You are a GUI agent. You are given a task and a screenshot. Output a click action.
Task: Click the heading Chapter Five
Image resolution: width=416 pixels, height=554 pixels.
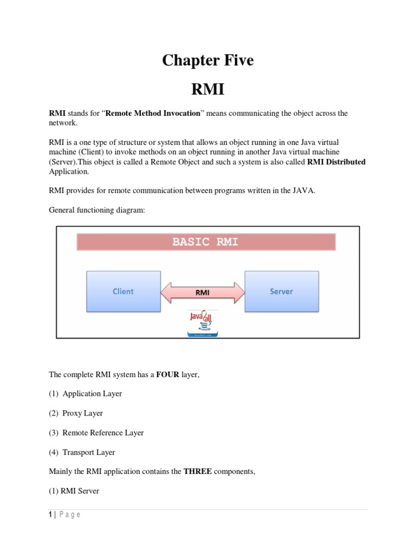pyautogui.click(x=207, y=61)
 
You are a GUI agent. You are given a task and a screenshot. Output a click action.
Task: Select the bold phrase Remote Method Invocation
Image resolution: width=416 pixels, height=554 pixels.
pyautogui.click(x=149, y=114)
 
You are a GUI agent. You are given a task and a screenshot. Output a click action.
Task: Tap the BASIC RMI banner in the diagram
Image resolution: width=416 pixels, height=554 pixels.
pyautogui.click(x=205, y=242)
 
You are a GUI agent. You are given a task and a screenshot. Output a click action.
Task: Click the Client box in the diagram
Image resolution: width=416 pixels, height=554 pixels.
pyautogui.click(x=123, y=291)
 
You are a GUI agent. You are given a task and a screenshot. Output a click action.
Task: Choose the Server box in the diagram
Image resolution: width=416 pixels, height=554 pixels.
pyautogui.click(x=281, y=291)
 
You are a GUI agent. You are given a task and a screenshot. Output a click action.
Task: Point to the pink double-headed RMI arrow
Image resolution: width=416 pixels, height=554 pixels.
pyautogui.click(x=203, y=293)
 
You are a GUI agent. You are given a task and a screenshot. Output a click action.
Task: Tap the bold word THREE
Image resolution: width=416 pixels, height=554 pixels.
pyautogui.click(x=198, y=472)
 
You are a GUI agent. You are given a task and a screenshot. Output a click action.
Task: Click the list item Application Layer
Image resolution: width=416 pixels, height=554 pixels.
pyautogui.click(x=92, y=394)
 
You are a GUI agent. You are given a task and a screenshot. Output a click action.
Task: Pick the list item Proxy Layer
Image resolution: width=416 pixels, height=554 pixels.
pyautogui.click(x=82, y=413)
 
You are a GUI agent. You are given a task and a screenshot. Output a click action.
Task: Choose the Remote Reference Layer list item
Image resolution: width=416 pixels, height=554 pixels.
pyautogui.click(x=103, y=433)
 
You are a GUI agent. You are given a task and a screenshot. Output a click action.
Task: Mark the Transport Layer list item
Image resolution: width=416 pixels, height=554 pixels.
pyautogui.click(x=88, y=452)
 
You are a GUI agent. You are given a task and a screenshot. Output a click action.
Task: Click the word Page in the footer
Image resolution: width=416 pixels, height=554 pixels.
pyautogui.click(x=70, y=515)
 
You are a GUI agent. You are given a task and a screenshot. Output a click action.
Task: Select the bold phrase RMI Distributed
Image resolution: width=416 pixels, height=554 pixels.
pyautogui.click(x=336, y=162)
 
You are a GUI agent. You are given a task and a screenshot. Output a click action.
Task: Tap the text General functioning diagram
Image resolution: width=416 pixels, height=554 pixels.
pyautogui.click(x=97, y=210)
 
